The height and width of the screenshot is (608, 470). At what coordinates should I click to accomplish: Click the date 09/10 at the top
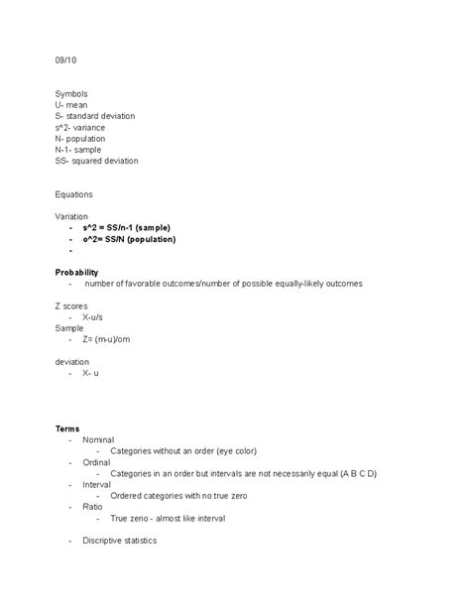click(x=65, y=62)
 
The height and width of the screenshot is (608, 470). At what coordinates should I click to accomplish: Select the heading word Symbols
click(x=72, y=94)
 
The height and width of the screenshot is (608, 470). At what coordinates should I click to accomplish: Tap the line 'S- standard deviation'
click(x=95, y=116)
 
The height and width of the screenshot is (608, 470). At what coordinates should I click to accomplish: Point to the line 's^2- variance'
click(x=81, y=127)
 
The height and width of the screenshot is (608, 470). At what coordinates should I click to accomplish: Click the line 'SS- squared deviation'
click(x=97, y=160)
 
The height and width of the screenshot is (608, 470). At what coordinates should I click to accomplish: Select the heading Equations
click(x=75, y=194)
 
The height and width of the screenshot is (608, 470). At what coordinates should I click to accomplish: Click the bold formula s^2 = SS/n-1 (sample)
click(x=127, y=227)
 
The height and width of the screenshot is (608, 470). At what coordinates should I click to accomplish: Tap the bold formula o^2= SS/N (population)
click(x=130, y=239)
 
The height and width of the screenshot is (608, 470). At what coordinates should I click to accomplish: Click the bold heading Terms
click(x=67, y=428)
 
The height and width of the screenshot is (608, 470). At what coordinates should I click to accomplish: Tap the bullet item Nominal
click(x=98, y=439)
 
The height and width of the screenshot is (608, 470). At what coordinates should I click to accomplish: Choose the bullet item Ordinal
click(x=97, y=462)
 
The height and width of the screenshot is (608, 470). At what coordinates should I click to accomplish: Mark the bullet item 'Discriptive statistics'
click(x=120, y=541)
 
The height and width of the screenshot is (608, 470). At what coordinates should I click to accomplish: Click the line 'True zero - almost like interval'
click(x=169, y=518)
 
